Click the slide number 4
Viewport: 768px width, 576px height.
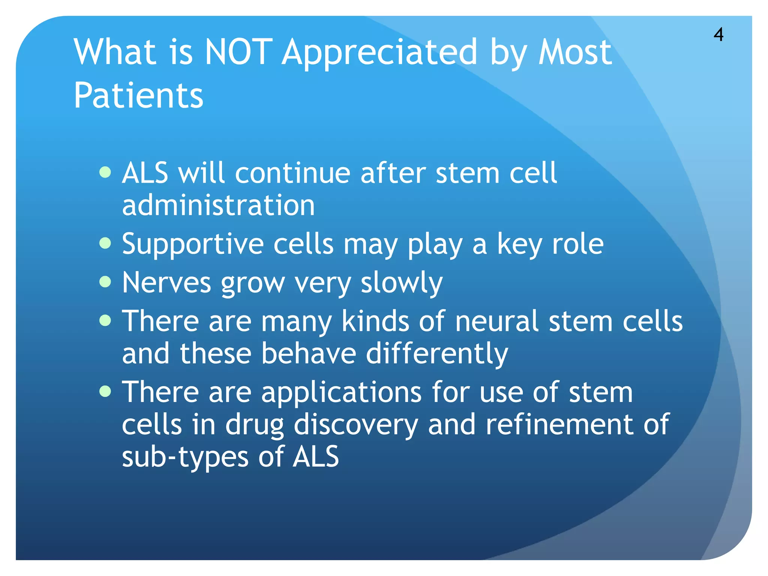pyautogui.click(x=718, y=35)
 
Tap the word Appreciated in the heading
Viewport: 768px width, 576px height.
pyautogui.click(x=379, y=52)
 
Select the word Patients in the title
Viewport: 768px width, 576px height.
pyautogui.click(x=138, y=96)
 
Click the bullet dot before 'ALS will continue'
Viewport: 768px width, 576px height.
pyautogui.click(x=106, y=172)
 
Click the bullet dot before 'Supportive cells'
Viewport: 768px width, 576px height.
pyautogui.click(x=106, y=243)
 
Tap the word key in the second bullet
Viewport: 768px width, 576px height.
pyautogui.click(x=520, y=244)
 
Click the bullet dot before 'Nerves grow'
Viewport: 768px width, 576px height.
pyautogui.click(x=106, y=282)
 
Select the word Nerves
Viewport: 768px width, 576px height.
pyautogui.click(x=166, y=282)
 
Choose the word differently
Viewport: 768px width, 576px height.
pyautogui.click(x=436, y=354)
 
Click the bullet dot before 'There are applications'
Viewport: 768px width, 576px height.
pyautogui.click(x=106, y=391)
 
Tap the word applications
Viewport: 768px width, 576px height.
pyautogui.click(x=341, y=392)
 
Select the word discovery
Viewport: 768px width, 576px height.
pyautogui.click(x=355, y=425)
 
